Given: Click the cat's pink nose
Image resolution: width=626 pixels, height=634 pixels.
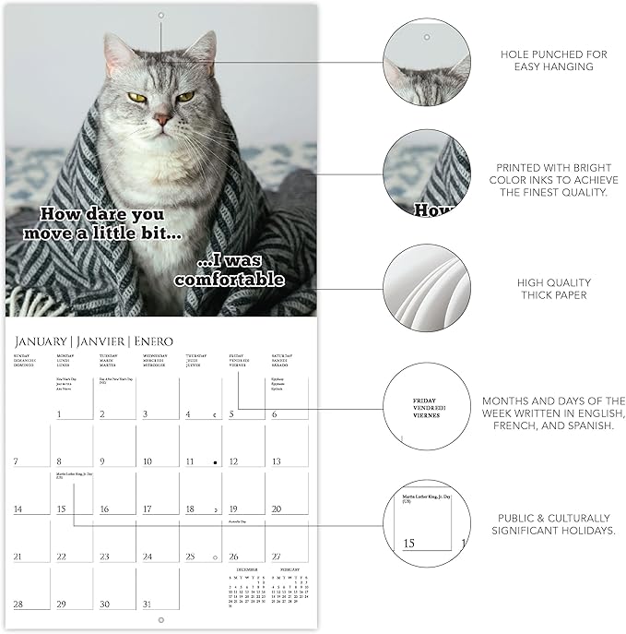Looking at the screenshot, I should point(162,119).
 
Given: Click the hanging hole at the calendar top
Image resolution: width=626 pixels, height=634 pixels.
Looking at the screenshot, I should point(160,15).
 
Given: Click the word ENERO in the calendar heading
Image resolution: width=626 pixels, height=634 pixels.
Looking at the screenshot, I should point(153,341).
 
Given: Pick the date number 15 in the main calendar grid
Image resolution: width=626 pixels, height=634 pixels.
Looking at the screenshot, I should point(61,508).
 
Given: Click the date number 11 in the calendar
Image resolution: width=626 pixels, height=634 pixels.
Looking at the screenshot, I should point(189,461).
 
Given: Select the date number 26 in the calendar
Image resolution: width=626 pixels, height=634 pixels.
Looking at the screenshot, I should point(233,556).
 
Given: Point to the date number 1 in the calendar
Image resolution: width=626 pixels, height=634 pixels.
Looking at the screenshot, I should point(60,414).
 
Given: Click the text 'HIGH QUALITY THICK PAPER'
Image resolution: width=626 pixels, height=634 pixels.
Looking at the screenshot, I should point(554,289).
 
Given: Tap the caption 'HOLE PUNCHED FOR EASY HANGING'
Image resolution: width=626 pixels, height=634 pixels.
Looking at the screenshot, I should point(554,61).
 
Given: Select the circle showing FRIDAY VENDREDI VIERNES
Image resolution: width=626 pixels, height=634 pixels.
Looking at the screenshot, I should point(427,406).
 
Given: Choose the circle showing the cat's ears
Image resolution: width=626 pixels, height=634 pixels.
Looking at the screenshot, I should point(427,62).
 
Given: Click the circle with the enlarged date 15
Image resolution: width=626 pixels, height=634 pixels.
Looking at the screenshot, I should point(427,523).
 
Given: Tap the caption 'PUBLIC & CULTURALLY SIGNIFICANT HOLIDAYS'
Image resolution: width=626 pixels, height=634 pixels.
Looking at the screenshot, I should point(554,524).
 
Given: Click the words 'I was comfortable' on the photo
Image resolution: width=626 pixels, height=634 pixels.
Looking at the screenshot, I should point(229,270).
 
